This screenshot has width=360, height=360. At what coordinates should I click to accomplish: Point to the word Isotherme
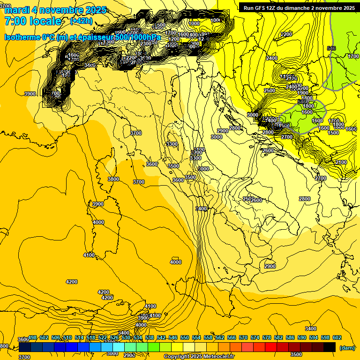click(22, 37)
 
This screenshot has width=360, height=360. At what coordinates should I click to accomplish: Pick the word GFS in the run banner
click(260, 8)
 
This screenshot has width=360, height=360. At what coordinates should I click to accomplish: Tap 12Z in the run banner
click(273, 8)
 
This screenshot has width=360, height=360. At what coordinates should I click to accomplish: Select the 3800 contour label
click(113, 179)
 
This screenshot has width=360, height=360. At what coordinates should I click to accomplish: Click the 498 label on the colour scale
click(32, 337)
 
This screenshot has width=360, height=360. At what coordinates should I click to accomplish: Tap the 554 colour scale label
click(196, 337)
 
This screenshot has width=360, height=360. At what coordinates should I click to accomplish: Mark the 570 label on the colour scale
click(243, 337)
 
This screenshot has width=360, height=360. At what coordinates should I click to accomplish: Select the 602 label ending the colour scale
click(337, 337)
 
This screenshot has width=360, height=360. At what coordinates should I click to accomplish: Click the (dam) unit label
click(347, 347)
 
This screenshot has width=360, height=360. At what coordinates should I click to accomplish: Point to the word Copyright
click(176, 357)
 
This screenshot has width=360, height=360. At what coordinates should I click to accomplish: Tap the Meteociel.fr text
click(219, 357)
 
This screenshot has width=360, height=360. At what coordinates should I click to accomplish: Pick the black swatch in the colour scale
click(330, 347)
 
